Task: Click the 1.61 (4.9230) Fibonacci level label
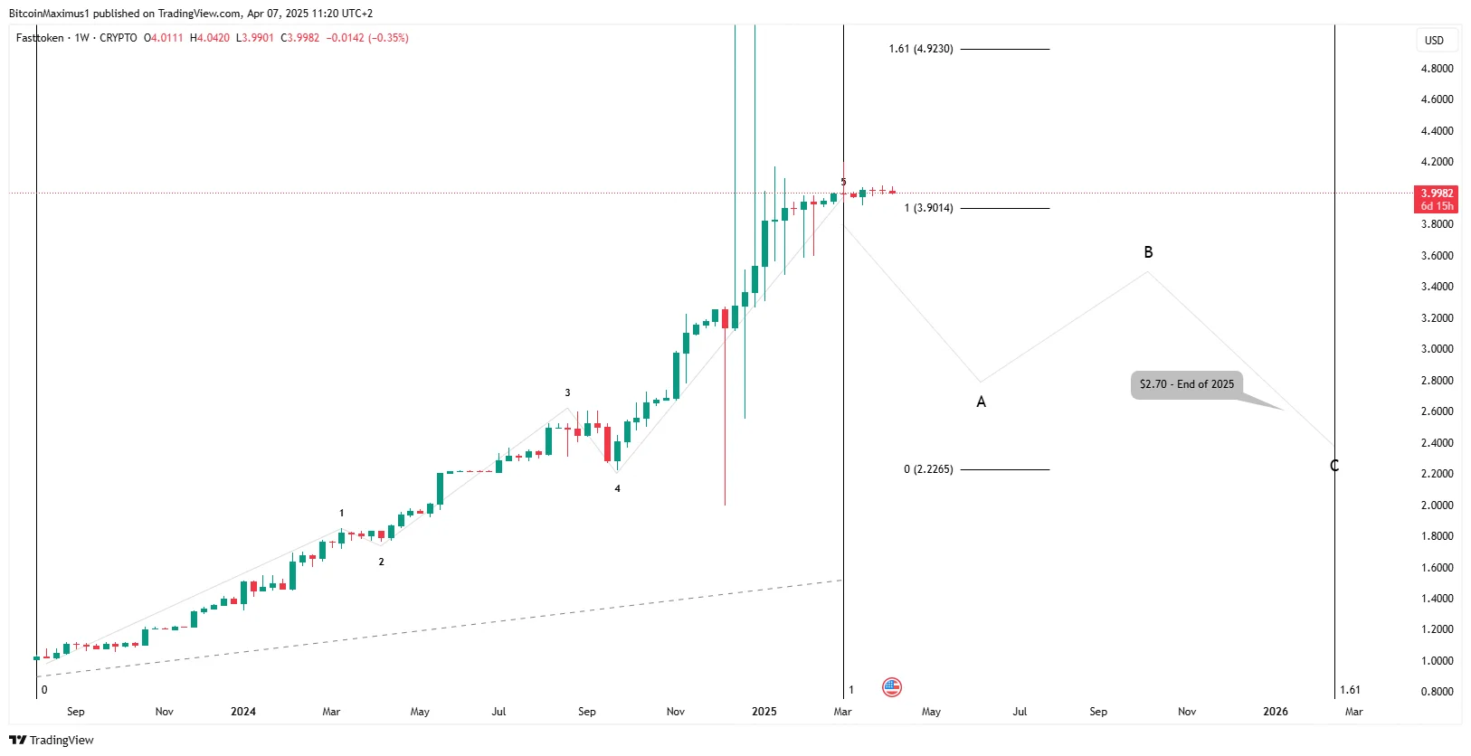(x=920, y=49)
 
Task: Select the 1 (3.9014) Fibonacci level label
(x=928, y=208)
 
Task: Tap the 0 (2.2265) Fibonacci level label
(x=927, y=469)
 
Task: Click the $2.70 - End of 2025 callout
(x=1186, y=384)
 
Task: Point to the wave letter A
(x=981, y=402)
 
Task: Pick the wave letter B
(x=1148, y=253)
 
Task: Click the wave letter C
(x=1334, y=466)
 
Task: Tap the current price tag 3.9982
(x=1436, y=194)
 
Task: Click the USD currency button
(x=1434, y=40)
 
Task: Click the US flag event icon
(x=892, y=687)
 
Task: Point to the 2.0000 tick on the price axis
(x=1437, y=505)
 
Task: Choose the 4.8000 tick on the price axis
(x=1437, y=69)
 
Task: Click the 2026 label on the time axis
(x=1276, y=712)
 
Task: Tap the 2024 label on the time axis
(x=242, y=712)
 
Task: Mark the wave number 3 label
(x=567, y=393)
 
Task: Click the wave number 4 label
(x=618, y=489)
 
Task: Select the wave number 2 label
(x=381, y=562)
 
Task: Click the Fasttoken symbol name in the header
(x=40, y=38)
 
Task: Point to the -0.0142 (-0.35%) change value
(x=367, y=38)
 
